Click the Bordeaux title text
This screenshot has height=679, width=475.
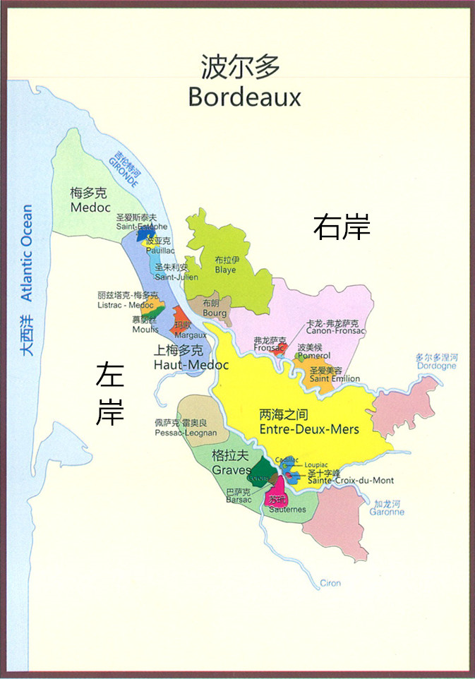244,97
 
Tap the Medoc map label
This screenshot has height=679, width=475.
90,208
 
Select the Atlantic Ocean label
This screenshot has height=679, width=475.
26,253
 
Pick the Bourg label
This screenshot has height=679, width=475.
215,313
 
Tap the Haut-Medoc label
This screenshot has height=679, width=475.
191,365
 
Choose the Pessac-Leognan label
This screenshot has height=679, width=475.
186,431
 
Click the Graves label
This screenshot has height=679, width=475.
231,470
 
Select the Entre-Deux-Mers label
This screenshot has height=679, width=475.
309,429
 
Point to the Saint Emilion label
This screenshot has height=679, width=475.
335,379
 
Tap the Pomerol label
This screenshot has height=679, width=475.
313,356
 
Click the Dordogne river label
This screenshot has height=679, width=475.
436,366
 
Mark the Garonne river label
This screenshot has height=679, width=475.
387,512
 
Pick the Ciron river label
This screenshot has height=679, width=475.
330,583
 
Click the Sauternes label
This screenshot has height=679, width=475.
287,509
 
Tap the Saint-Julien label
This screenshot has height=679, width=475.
172,277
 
